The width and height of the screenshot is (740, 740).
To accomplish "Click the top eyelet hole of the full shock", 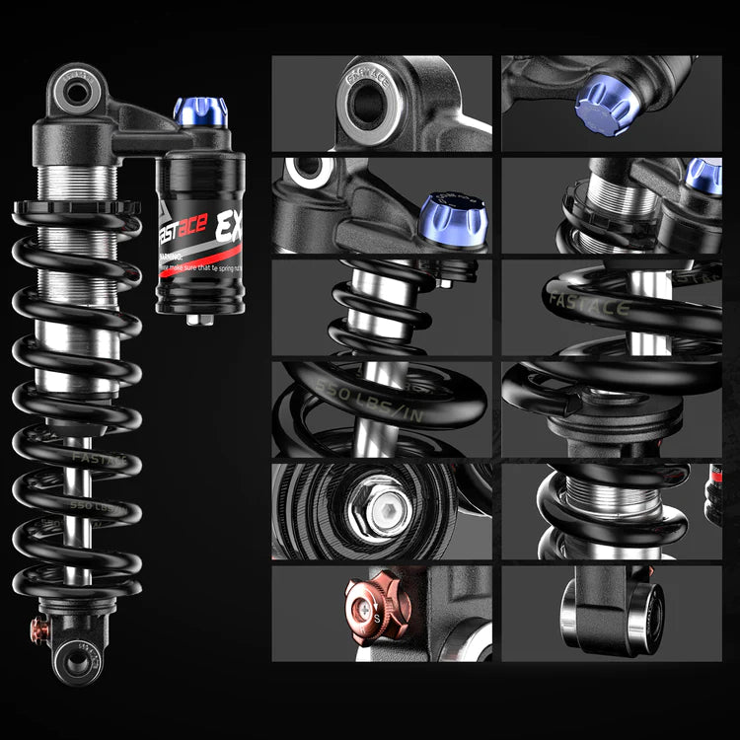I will (x=77, y=93).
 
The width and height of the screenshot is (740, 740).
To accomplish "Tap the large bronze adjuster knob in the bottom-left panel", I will (x=372, y=604).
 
